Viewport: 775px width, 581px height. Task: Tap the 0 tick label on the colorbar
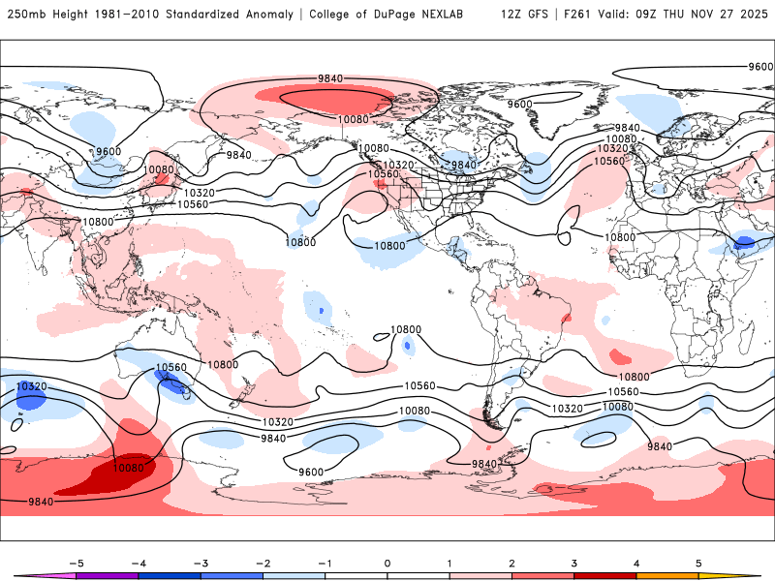387,562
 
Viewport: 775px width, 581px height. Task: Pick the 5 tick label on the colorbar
698,562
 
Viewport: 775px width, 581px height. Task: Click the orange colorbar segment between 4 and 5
666,575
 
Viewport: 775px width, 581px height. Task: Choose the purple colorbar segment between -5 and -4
107,575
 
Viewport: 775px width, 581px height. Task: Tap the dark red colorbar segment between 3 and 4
604,575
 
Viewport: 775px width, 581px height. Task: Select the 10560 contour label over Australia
170,368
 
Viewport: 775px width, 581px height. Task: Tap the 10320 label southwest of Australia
31,386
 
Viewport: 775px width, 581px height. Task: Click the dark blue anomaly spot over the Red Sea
745,241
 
